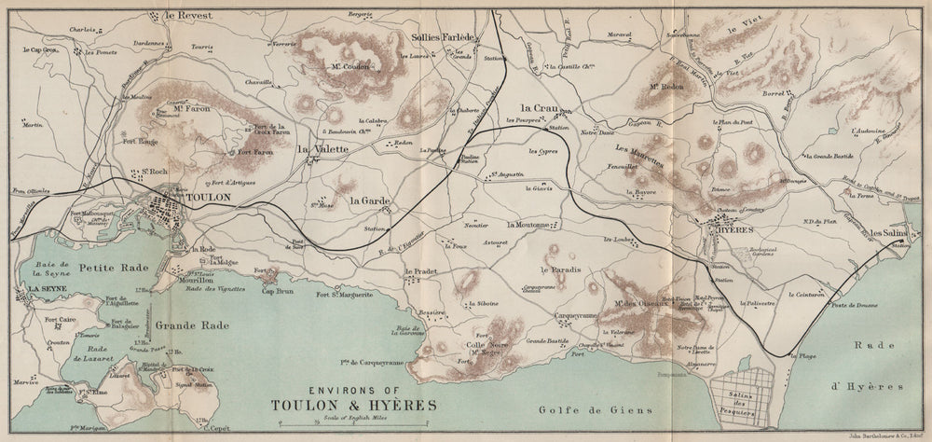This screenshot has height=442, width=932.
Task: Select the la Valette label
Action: [x=322, y=148]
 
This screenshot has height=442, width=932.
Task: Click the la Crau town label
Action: [x=539, y=107]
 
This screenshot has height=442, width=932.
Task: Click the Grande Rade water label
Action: [x=183, y=326]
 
